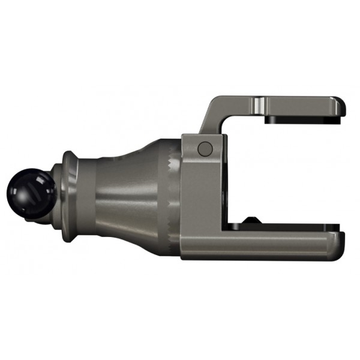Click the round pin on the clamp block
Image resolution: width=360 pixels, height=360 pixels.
205,148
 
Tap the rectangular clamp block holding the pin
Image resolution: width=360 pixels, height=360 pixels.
201,180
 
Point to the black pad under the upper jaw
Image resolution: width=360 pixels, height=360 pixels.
300,119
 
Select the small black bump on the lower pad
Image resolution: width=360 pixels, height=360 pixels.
250,220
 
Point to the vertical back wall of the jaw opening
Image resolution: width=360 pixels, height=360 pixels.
226,180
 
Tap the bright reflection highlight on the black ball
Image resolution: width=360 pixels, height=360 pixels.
24,187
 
